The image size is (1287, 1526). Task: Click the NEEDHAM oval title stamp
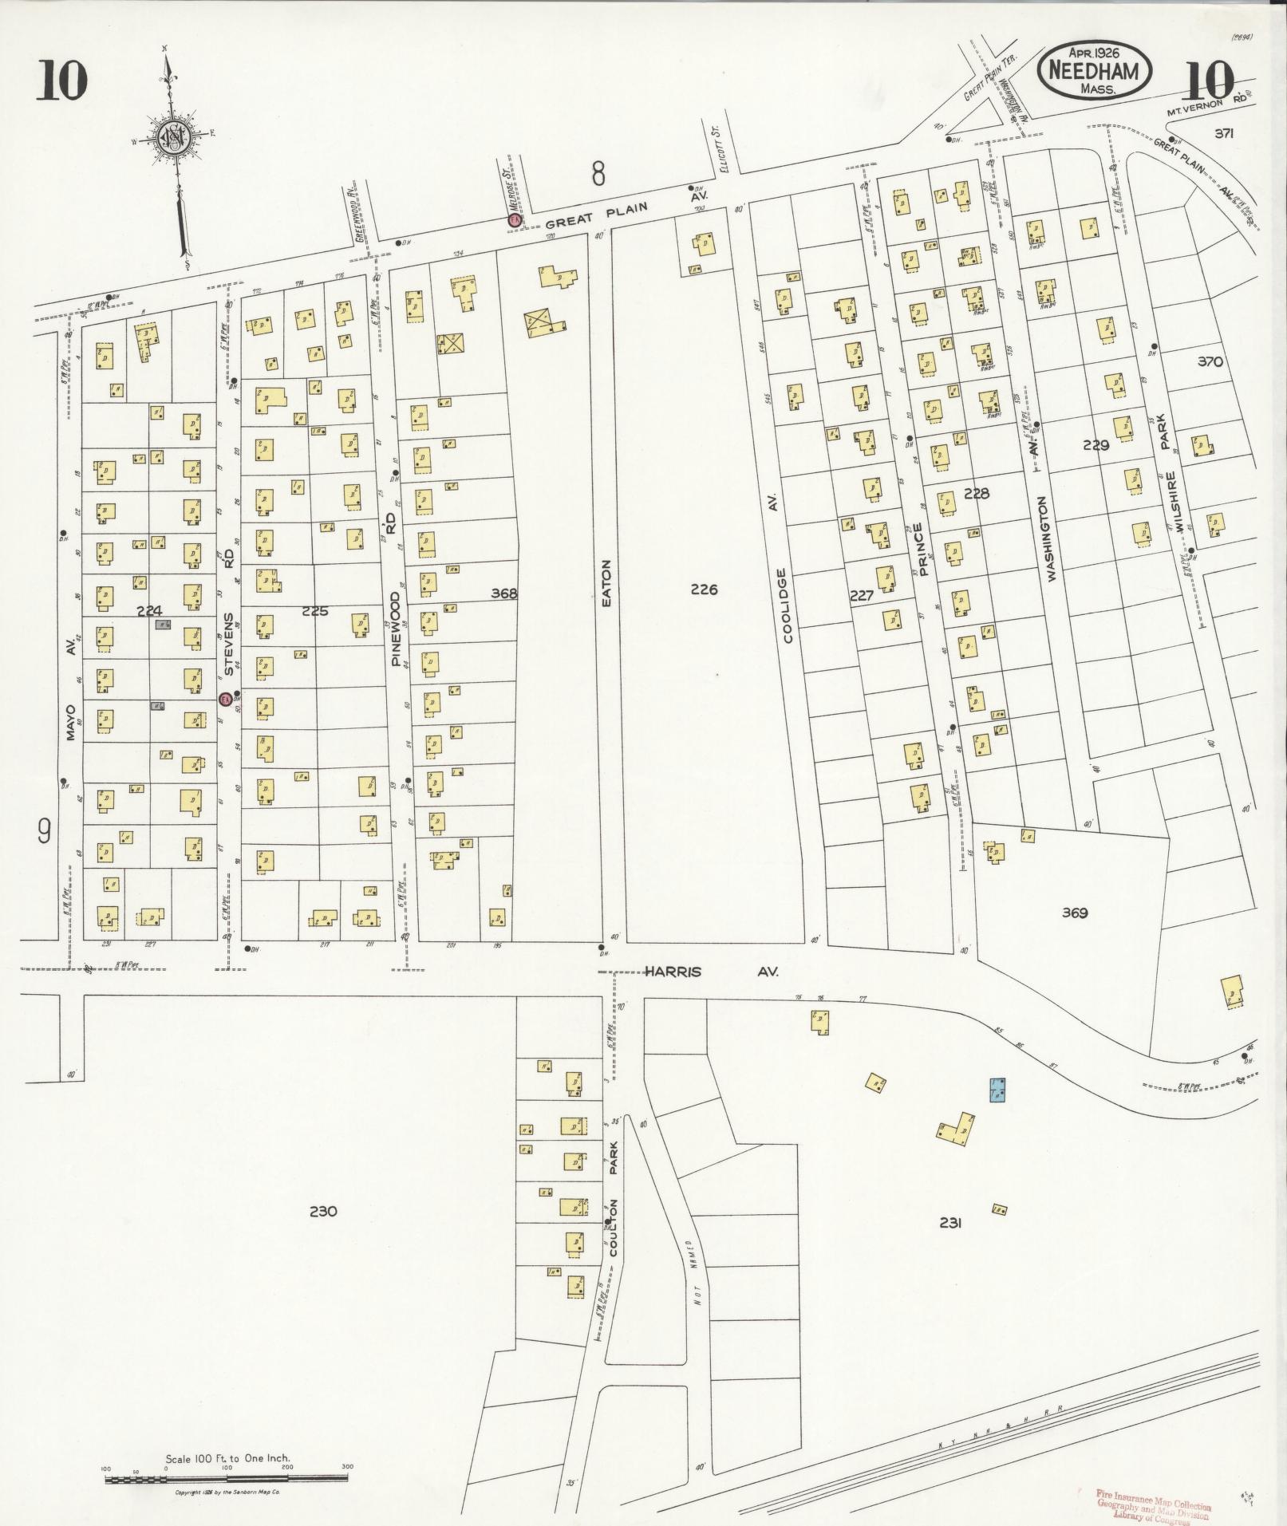click(1094, 71)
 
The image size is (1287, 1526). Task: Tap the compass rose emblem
click(172, 138)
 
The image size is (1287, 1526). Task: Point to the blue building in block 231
click(997, 1089)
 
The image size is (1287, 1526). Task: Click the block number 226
click(704, 590)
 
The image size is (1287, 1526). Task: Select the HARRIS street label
click(673, 972)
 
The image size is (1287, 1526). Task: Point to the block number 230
click(322, 1233)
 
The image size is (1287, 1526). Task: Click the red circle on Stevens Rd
click(226, 699)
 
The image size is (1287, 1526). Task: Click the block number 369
click(1075, 913)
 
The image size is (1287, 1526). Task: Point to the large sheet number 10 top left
click(61, 81)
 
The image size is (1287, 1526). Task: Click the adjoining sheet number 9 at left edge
click(44, 832)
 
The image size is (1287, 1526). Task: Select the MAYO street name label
click(70, 721)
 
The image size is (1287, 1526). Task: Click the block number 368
click(504, 593)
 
